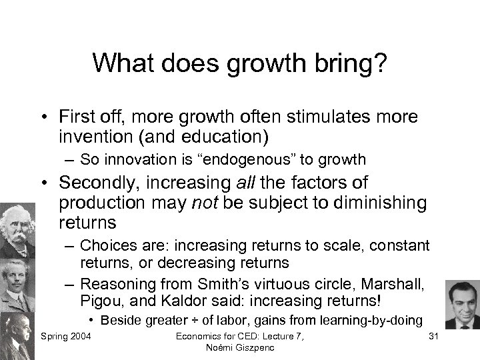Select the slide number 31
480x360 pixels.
(x=435, y=334)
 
